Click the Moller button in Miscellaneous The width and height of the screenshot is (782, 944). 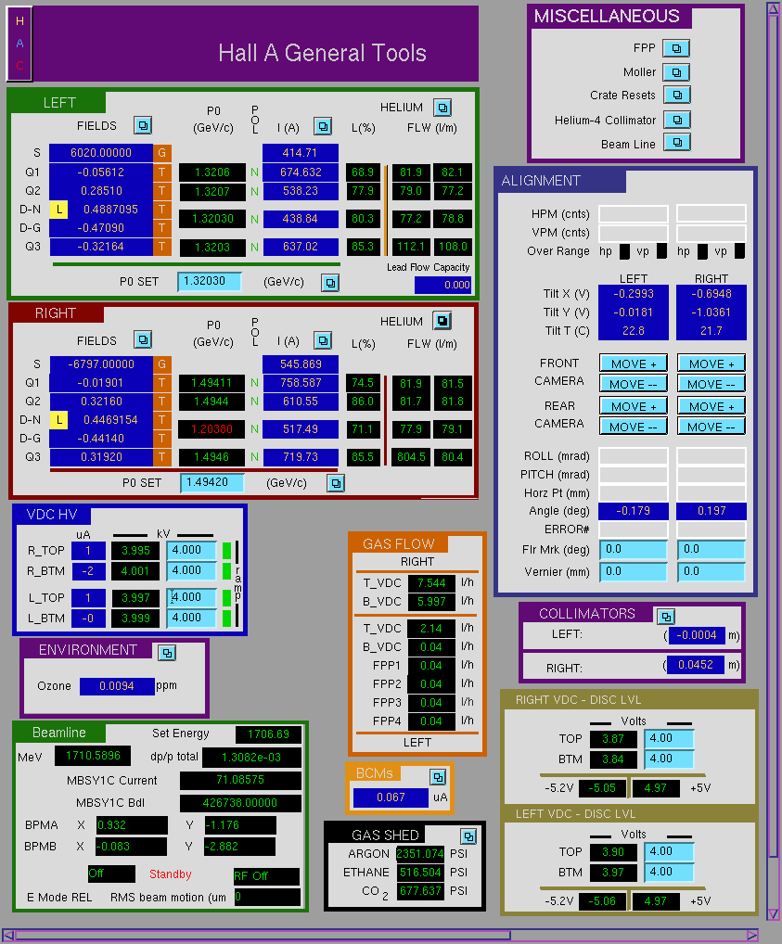tap(676, 72)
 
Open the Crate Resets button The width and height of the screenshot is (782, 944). tap(677, 96)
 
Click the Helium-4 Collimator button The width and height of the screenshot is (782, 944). tap(677, 120)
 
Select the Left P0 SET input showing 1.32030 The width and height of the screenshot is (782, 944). tap(209, 281)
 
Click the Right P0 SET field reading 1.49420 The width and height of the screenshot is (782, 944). tap(212, 482)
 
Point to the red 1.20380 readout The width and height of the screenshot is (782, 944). tap(212, 428)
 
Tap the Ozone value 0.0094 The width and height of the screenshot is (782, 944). tap(117, 685)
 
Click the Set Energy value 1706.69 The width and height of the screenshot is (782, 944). tap(268, 734)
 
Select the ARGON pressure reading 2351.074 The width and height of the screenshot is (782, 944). tap(420, 854)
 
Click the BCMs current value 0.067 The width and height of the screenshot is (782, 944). tap(391, 797)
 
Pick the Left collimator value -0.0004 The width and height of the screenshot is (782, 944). tap(697, 634)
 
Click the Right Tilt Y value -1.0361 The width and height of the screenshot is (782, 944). tap(711, 313)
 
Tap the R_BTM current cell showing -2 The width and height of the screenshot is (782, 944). tap(88, 570)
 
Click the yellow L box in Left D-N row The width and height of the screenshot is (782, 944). tap(58, 210)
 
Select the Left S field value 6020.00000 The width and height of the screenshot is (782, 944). tap(100, 153)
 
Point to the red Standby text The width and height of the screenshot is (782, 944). tap(171, 874)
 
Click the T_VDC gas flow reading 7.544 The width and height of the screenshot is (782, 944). tap(431, 582)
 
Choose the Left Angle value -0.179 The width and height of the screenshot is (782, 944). tap(634, 511)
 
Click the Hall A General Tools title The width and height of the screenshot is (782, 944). tap(322, 53)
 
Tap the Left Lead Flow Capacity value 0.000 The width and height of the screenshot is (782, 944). tap(442, 285)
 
